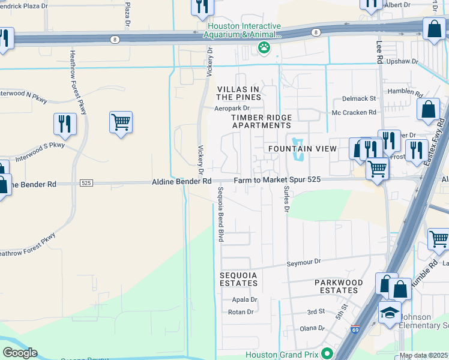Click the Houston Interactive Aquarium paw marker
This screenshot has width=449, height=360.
[x=263, y=47]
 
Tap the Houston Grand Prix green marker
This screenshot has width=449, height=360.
[x=327, y=354]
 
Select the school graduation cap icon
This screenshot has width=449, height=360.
[x=390, y=313]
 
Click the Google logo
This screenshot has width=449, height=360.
[x=20, y=353]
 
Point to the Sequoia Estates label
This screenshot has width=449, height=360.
[x=238, y=278]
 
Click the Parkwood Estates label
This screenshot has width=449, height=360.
[x=339, y=286]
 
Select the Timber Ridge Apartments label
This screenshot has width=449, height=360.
[x=262, y=121]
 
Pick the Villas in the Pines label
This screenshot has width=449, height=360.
[x=238, y=93]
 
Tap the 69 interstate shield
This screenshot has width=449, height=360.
[x=355, y=329]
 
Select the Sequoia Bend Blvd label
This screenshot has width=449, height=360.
[x=220, y=214]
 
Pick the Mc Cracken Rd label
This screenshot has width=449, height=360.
[x=354, y=112]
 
